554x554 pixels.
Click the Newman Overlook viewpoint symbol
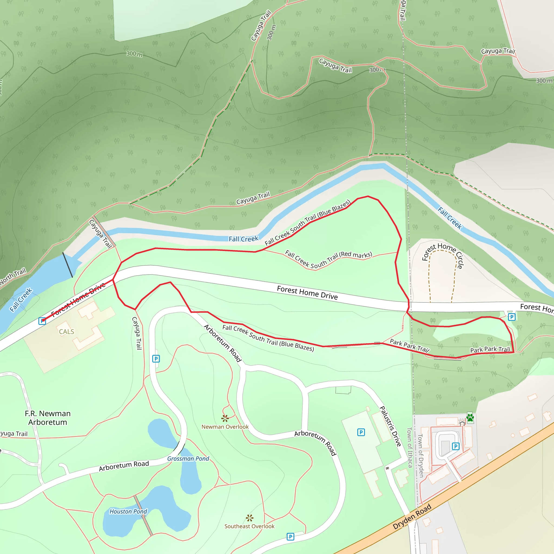(225, 418)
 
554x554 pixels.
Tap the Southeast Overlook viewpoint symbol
(249, 518)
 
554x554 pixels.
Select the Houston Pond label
(128, 512)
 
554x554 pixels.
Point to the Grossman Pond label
(188, 459)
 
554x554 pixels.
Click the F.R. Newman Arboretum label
(48, 418)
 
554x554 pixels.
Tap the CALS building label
(67, 332)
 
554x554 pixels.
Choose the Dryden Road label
(412, 517)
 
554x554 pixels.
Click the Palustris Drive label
(390, 426)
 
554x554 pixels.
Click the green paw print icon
(470, 417)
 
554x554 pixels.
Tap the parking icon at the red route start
(42, 321)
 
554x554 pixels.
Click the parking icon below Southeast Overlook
(290, 536)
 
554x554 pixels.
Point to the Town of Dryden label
(421, 456)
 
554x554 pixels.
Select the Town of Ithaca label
(410, 447)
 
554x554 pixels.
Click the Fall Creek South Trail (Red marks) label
(329, 259)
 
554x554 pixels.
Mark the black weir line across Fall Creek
(68, 265)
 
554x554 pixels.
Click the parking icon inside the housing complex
(455, 446)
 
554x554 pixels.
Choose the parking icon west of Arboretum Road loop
(156, 359)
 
